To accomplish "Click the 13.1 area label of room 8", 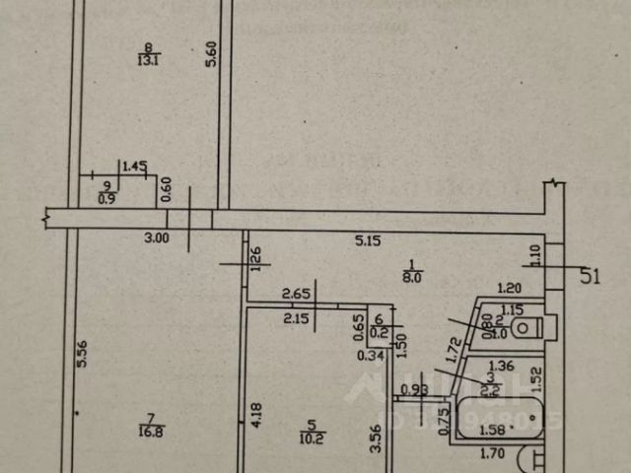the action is pyautogui.click(x=149, y=59).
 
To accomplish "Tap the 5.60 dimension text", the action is pyautogui.click(x=210, y=53).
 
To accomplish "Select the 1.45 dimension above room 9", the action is pyautogui.click(x=134, y=166).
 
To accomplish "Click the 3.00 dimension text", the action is pyautogui.click(x=156, y=237).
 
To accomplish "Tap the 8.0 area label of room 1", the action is pyautogui.click(x=412, y=279).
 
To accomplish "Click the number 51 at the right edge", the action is pyautogui.click(x=589, y=277).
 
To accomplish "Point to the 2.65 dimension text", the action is pyautogui.click(x=297, y=293).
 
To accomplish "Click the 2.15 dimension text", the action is pyautogui.click(x=297, y=318).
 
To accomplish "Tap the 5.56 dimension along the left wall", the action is pyautogui.click(x=83, y=355).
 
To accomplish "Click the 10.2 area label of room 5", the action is pyautogui.click(x=313, y=437).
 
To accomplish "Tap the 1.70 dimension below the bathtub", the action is pyautogui.click(x=493, y=454).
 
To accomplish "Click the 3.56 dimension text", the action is pyautogui.click(x=376, y=438).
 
